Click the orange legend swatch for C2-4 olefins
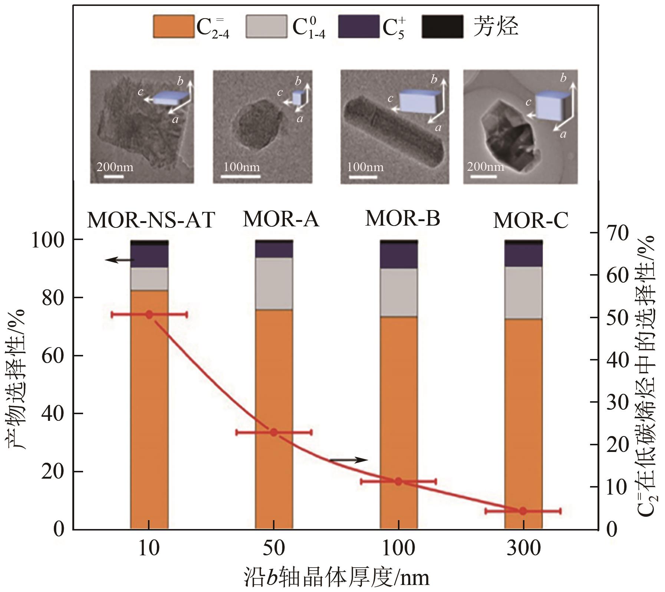pyautogui.click(x=174, y=26)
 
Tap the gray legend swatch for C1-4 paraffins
pyautogui.click(x=266, y=26)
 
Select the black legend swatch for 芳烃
pyautogui.click(x=442, y=26)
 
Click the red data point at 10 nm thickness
pyautogui.click(x=149, y=315)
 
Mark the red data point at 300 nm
pyautogui.click(x=523, y=511)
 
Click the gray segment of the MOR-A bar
pyautogui.click(x=274, y=283)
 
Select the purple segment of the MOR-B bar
pyautogui.click(x=399, y=256)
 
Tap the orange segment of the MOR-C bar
pyautogui.click(x=523, y=422)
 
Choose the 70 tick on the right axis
pyautogui.click(x=618, y=233)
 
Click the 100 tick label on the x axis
pyautogui.click(x=398, y=548)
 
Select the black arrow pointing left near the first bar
pyautogui.click(x=119, y=260)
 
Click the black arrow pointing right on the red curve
pyautogui.click(x=348, y=460)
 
